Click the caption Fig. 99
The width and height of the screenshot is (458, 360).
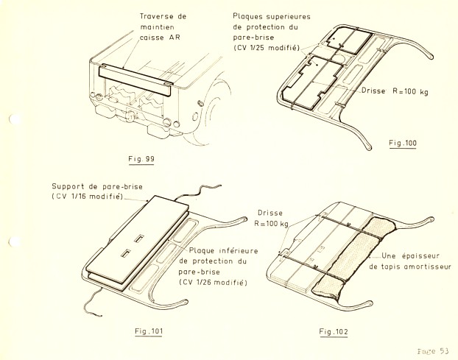(140, 158)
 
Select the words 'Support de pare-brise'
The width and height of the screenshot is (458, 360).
(92, 186)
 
